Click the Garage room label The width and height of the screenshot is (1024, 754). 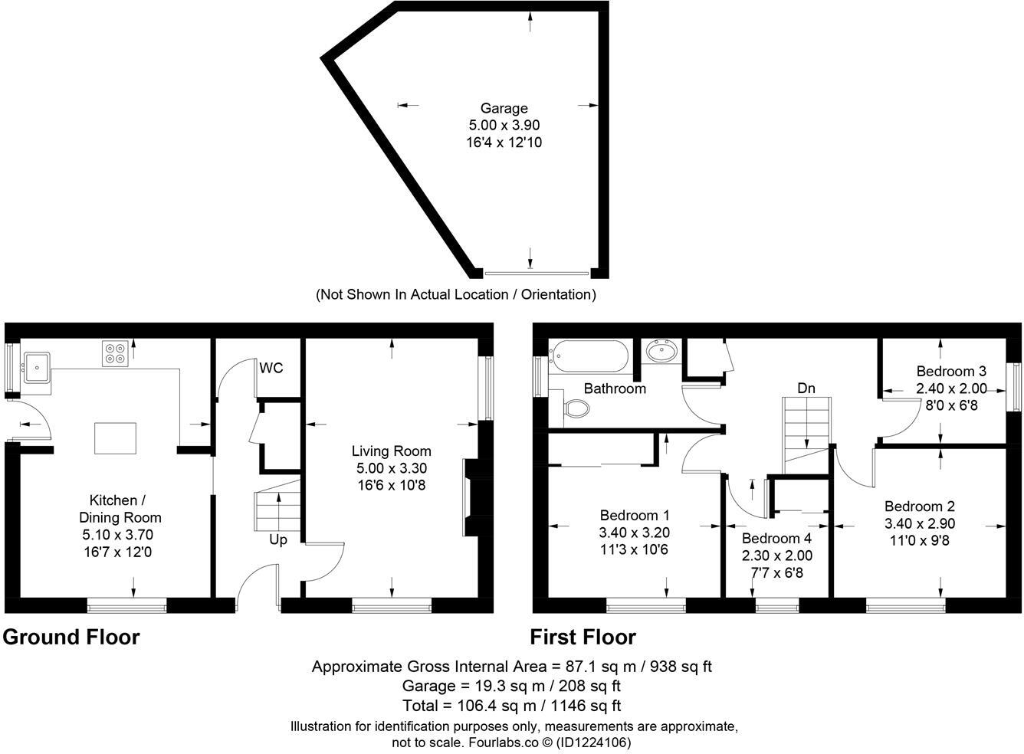(504, 109)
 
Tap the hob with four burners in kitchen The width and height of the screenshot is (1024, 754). (115, 352)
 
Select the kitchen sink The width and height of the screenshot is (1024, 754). (37, 366)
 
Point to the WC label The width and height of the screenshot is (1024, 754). (271, 369)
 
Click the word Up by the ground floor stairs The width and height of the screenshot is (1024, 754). (277, 540)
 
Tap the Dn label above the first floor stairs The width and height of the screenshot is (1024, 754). (806, 388)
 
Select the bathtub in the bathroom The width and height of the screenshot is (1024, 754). (589, 356)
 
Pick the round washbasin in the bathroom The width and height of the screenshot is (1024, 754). (661, 352)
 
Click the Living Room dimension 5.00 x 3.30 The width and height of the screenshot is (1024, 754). (391, 468)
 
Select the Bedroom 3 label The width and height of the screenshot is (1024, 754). (951, 372)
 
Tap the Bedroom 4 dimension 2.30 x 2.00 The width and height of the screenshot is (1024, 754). (776, 556)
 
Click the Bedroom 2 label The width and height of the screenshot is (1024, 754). (919, 506)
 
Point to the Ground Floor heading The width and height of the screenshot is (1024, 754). (71, 638)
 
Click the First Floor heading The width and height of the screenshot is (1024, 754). (583, 638)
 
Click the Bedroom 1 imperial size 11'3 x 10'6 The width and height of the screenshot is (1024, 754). (635, 549)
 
